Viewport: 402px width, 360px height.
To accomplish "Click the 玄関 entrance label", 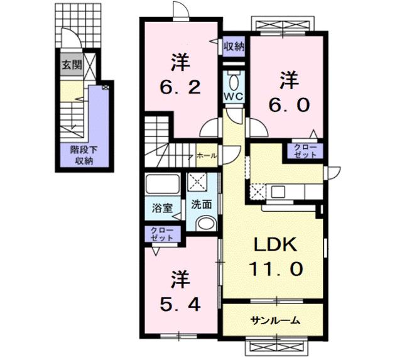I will [71, 65].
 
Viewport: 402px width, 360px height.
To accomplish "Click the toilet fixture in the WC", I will [234, 82].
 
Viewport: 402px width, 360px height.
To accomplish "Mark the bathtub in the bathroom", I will [161, 185].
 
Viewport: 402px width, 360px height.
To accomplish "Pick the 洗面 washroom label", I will [201, 204].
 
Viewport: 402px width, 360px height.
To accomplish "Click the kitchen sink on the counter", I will [278, 191].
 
